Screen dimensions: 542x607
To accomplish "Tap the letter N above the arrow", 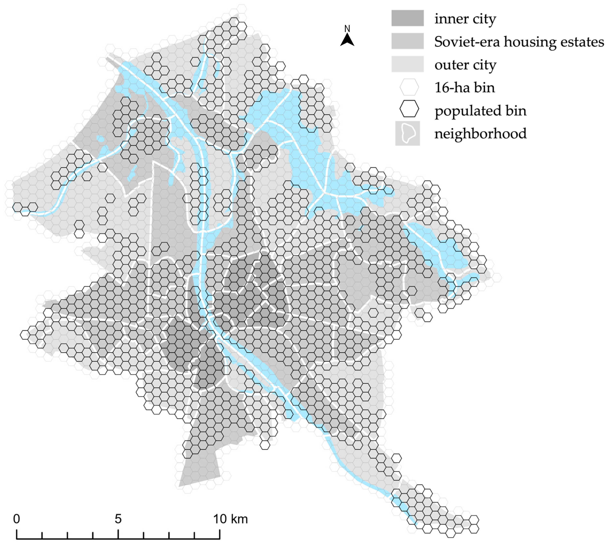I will point(347,29).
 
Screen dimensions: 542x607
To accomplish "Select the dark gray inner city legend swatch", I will point(407,18).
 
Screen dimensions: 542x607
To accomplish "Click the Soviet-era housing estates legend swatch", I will point(407,41).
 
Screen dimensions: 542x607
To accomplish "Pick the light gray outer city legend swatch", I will point(407,64).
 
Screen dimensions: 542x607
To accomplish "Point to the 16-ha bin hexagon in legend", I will point(409,87).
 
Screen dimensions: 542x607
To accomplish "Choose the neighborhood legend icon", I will point(407,133).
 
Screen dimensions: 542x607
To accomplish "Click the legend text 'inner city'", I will point(465,19).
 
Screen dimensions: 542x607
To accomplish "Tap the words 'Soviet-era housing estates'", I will point(519,42).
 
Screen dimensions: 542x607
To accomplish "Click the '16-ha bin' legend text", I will point(464,88).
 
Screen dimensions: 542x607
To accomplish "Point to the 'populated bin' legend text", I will point(480,111).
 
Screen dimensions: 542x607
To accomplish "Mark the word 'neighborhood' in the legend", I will point(480,134).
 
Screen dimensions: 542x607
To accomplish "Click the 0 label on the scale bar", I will point(17,519).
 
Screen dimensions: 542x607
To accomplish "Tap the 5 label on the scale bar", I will point(118,519).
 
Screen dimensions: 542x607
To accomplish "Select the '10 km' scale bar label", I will point(230,519).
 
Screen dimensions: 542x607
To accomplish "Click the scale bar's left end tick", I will point(17,534).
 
